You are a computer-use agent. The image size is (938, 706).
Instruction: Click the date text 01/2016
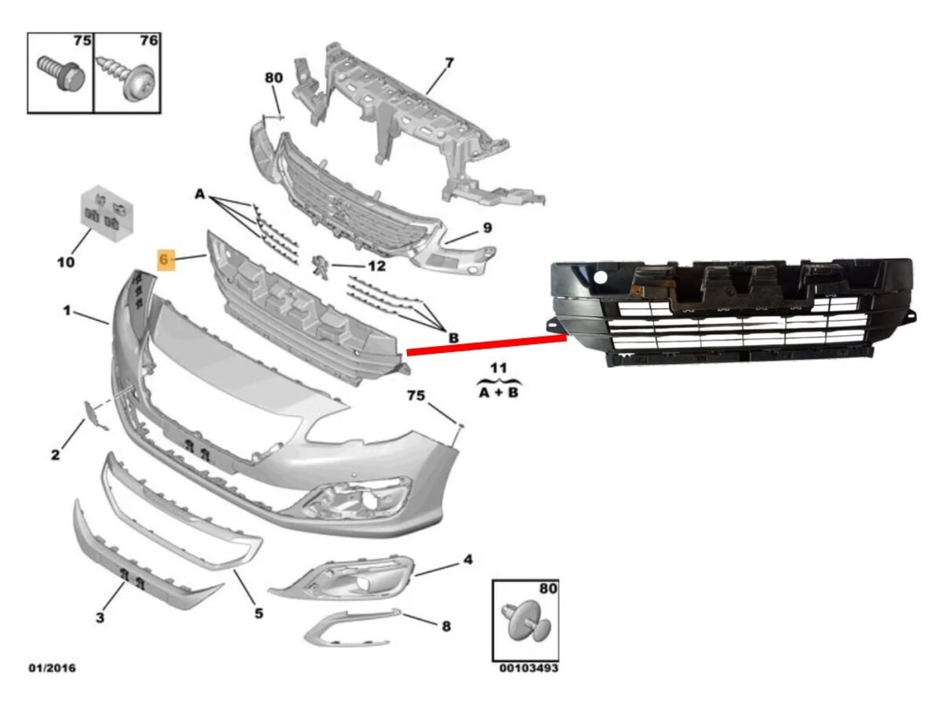click(53, 668)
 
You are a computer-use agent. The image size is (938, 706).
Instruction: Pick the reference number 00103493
click(529, 668)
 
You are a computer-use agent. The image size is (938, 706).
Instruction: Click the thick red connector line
click(486, 344)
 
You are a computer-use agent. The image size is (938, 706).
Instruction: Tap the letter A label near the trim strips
click(200, 195)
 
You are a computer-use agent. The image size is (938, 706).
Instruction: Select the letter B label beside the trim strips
click(453, 338)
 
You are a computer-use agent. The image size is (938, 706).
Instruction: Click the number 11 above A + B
click(498, 367)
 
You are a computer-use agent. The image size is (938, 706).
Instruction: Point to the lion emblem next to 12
click(320, 265)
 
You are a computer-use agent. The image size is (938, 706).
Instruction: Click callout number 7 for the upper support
click(449, 62)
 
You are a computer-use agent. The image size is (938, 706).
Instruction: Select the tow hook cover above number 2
click(95, 415)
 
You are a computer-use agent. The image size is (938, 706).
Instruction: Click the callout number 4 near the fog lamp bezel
click(467, 559)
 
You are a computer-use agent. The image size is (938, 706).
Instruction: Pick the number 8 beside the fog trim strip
click(446, 627)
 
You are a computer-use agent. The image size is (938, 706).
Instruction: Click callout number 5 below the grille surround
click(259, 613)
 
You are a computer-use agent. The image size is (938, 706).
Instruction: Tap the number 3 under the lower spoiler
click(100, 617)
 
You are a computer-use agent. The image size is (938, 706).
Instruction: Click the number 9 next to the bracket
click(488, 228)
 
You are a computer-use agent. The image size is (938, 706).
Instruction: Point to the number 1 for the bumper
click(67, 311)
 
